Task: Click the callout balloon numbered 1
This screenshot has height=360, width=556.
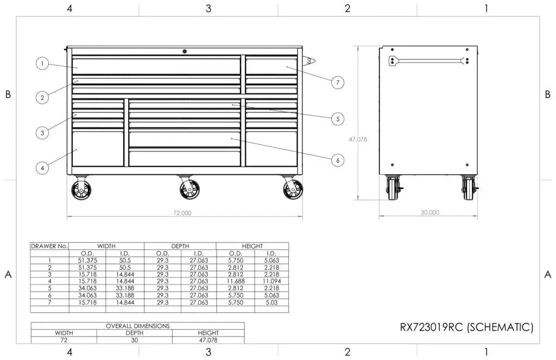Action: pos(42,64)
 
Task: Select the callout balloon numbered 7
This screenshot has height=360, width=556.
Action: pos(337,83)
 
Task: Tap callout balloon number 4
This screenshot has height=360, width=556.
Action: pos(42,168)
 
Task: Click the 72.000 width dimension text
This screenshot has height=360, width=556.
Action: pos(182,213)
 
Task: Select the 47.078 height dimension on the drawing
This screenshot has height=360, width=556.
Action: pos(358,139)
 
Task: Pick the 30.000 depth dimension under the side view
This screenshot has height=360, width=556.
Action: pos(429,212)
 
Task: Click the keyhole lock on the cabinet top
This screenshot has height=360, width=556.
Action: pos(185,51)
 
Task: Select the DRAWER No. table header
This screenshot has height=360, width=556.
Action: pos(49,246)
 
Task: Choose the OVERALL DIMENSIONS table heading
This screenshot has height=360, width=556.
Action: pos(137,326)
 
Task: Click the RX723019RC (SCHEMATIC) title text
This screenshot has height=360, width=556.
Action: pos(466,327)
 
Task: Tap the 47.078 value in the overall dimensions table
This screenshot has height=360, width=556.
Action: pos(208,340)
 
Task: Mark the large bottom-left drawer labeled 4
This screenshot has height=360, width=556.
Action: pos(98,148)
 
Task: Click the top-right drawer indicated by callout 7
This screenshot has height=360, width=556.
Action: pos(271,66)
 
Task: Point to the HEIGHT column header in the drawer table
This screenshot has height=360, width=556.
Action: pos(252,246)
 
